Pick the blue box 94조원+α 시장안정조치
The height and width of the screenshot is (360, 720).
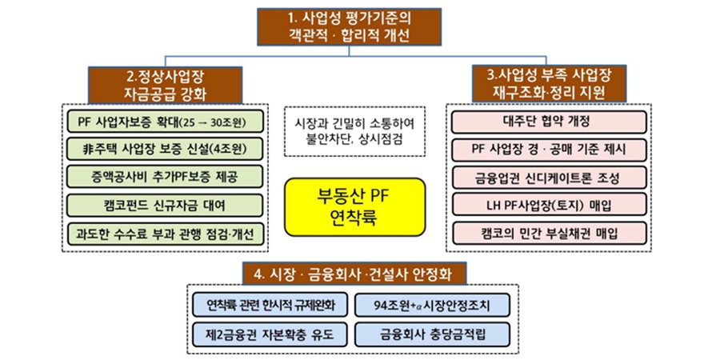point(434,304)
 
